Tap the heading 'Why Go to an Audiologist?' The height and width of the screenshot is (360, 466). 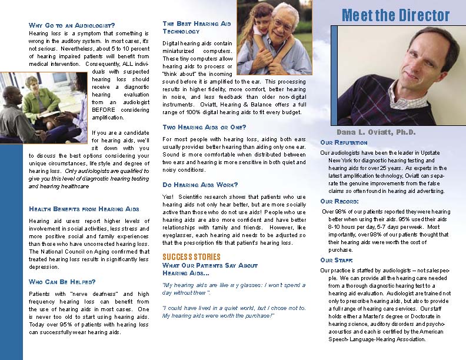point(72,25)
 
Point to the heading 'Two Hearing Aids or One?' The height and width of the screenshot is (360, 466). point(204,127)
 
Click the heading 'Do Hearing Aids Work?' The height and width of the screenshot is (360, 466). point(200,185)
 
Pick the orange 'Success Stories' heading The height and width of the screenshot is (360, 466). point(191,257)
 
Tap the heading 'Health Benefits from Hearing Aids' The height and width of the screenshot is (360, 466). point(84,209)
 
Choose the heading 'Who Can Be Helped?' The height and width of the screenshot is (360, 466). point(62,282)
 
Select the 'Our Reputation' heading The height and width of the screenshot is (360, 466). point(344,142)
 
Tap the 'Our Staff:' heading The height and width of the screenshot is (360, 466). point(337,260)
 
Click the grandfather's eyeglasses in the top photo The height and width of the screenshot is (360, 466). point(282,25)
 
